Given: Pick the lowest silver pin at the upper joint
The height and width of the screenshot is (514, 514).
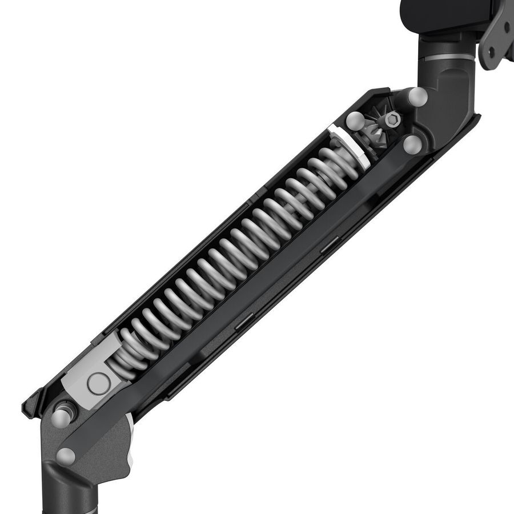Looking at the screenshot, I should pyautogui.click(x=412, y=144).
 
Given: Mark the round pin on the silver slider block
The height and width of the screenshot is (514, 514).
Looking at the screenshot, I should pyautogui.click(x=97, y=383).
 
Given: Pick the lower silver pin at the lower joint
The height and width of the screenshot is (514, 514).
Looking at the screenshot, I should pyautogui.click(x=66, y=455).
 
